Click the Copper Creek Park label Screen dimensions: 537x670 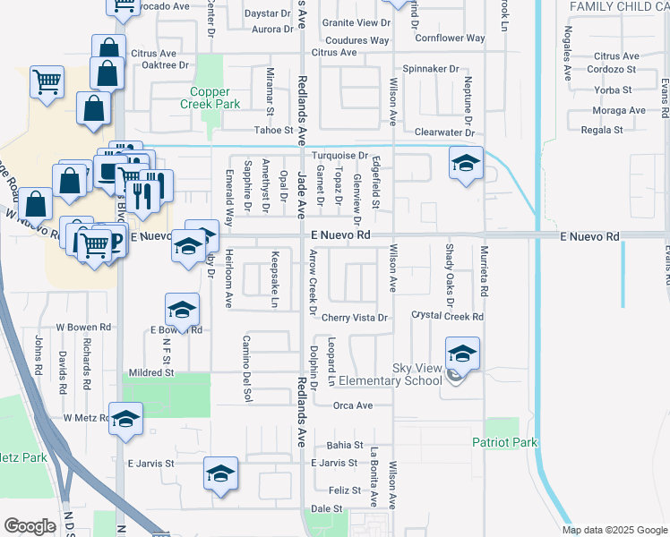[x=215, y=98]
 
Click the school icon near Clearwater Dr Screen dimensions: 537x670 [x=466, y=164]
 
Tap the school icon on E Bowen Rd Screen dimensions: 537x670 [x=182, y=311]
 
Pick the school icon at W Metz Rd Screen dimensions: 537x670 [x=125, y=419]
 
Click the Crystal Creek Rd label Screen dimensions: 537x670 [x=447, y=316]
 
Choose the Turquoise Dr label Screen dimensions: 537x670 [x=339, y=156]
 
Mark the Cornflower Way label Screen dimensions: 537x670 [x=450, y=38]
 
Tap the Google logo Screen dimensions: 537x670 [x=30, y=526]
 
